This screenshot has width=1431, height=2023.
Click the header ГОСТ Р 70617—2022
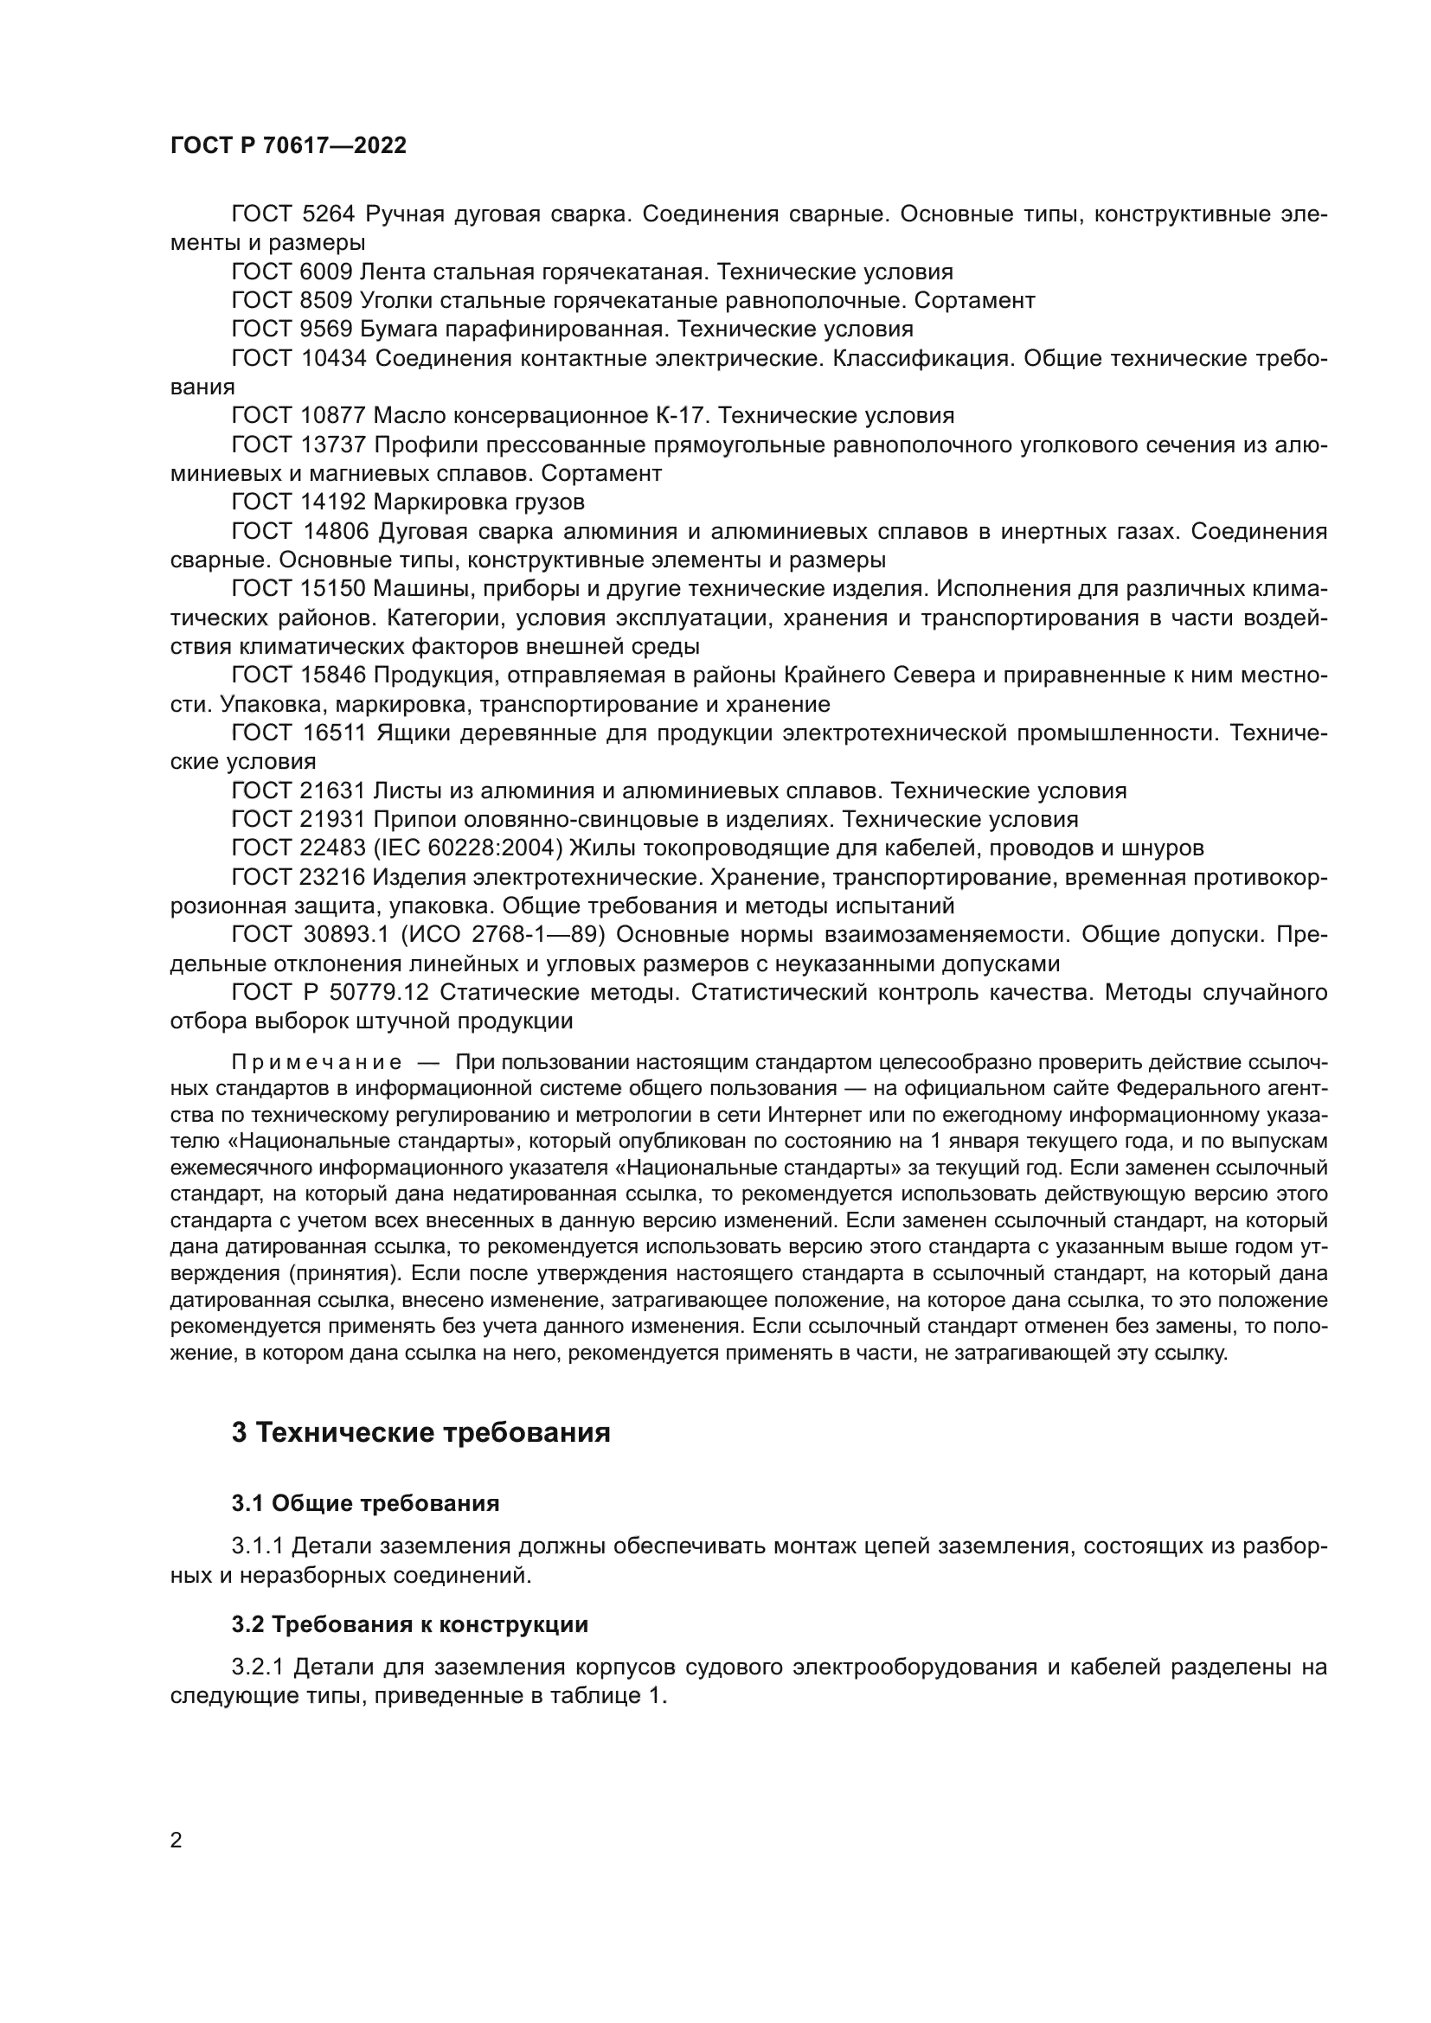288,146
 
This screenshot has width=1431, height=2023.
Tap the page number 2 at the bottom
176,1841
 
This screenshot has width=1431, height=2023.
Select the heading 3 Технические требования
420,1432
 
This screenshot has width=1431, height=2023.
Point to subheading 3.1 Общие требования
365,1504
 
